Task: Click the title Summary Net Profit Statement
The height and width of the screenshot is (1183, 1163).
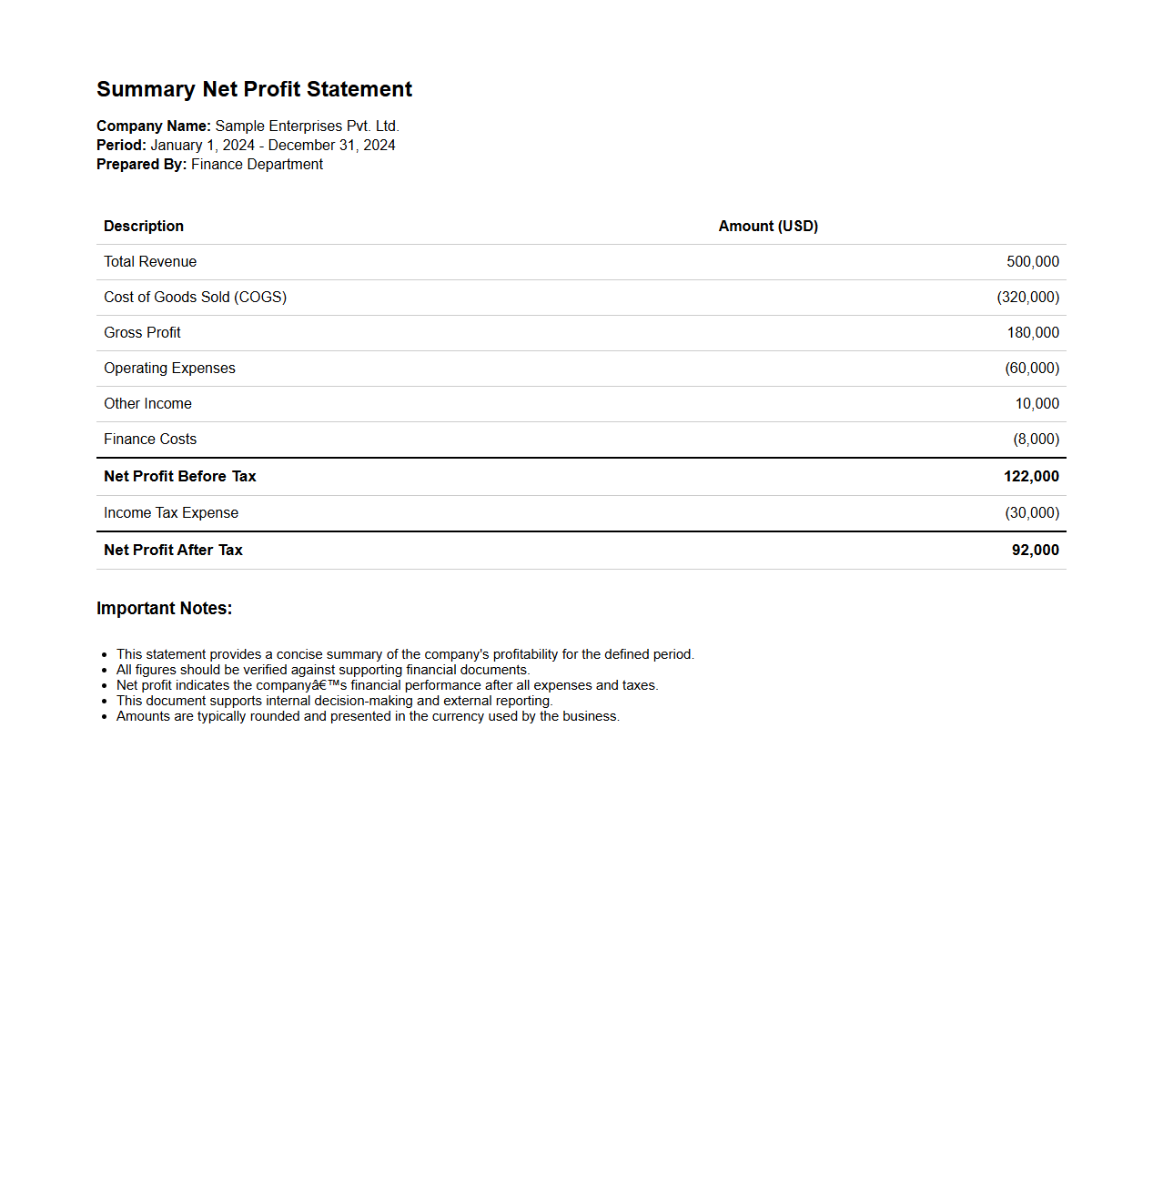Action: coord(254,89)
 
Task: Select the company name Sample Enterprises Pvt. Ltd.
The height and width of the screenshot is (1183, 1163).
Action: coord(307,126)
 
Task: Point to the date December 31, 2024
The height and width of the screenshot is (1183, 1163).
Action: coord(331,146)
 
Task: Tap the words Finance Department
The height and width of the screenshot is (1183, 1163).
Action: coord(257,165)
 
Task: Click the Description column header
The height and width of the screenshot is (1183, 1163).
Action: coord(144,227)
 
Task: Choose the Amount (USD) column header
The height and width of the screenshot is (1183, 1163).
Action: coord(768,227)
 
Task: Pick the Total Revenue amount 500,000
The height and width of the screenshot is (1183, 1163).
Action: coord(1032,262)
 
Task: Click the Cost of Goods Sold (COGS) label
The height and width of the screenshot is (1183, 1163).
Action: coord(195,298)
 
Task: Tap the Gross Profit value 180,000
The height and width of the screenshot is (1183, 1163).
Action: coord(1032,333)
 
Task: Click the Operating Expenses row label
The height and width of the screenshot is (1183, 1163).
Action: coord(169,369)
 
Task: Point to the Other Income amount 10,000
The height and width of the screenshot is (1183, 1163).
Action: coord(1037,404)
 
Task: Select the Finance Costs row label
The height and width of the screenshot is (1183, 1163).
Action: coord(150,440)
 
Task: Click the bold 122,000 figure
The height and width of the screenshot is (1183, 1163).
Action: coord(1031,477)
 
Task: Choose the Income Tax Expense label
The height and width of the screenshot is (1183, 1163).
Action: coord(171,513)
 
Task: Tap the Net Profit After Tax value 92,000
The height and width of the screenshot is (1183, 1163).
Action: coord(1035,551)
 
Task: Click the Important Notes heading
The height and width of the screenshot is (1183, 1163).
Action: coord(164,609)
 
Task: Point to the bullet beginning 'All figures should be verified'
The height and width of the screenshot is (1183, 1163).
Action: coord(322,670)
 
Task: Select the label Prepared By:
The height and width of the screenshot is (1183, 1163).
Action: coord(141,165)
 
